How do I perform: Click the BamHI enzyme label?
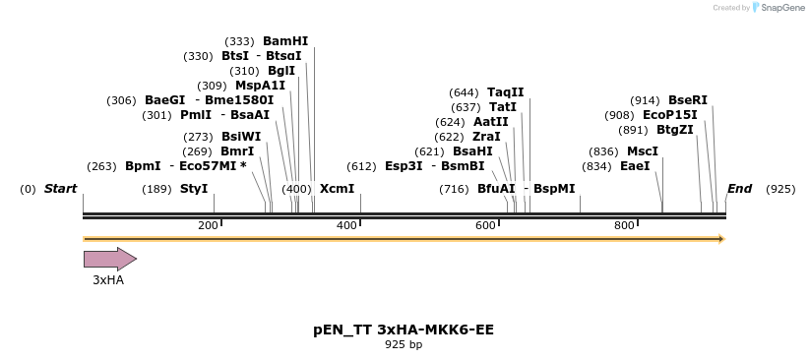(x=285, y=41)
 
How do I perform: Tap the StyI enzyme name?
(x=194, y=188)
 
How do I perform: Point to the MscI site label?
(x=643, y=151)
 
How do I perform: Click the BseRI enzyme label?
(x=688, y=100)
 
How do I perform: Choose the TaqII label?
(x=506, y=92)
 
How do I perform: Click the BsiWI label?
(x=241, y=137)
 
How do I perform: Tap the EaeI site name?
(x=635, y=166)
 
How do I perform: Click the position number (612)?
(x=362, y=166)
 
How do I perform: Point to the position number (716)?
(x=454, y=188)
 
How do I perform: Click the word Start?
(x=61, y=188)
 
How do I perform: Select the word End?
(x=739, y=188)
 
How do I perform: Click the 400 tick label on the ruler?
(x=346, y=225)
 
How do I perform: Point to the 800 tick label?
(x=624, y=225)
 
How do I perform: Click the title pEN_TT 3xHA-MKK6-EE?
(x=404, y=330)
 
